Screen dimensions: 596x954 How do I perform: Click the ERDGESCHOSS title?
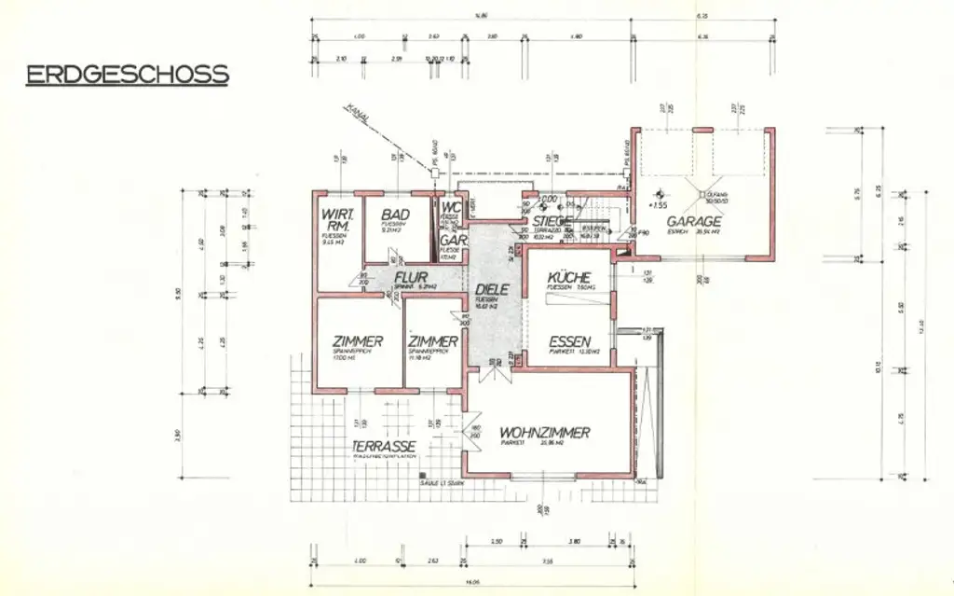(x=127, y=75)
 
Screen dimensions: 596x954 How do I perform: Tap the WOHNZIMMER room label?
(x=544, y=433)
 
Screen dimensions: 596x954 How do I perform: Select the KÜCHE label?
(x=568, y=277)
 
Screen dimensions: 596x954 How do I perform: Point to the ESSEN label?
(x=571, y=341)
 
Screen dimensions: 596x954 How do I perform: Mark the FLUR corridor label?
(x=411, y=278)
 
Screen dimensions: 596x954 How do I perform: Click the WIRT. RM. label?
(x=335, y=220)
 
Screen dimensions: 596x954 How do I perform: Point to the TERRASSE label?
(x=383, y=447)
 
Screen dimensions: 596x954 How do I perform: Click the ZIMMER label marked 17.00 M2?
(x=358, y=341)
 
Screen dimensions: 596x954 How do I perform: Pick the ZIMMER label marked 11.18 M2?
(x=432, y=341)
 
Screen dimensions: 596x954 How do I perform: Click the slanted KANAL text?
(x=358, y=114)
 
